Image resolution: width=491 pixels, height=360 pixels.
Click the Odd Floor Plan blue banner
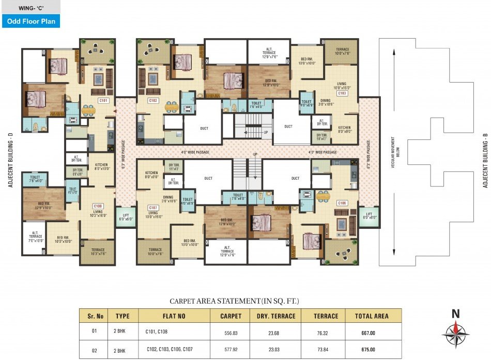(x=30, y=21)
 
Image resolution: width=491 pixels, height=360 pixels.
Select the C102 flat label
(x=153, y=101)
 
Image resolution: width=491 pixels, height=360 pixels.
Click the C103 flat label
(x=342, y=93)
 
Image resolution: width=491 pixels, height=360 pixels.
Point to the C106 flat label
(x=341, y=203)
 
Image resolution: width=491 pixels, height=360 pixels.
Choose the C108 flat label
(x=98, y=205)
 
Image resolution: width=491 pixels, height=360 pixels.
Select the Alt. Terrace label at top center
(x=268, y=53)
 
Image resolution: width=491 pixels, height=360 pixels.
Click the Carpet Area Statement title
(x=235, y=301)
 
